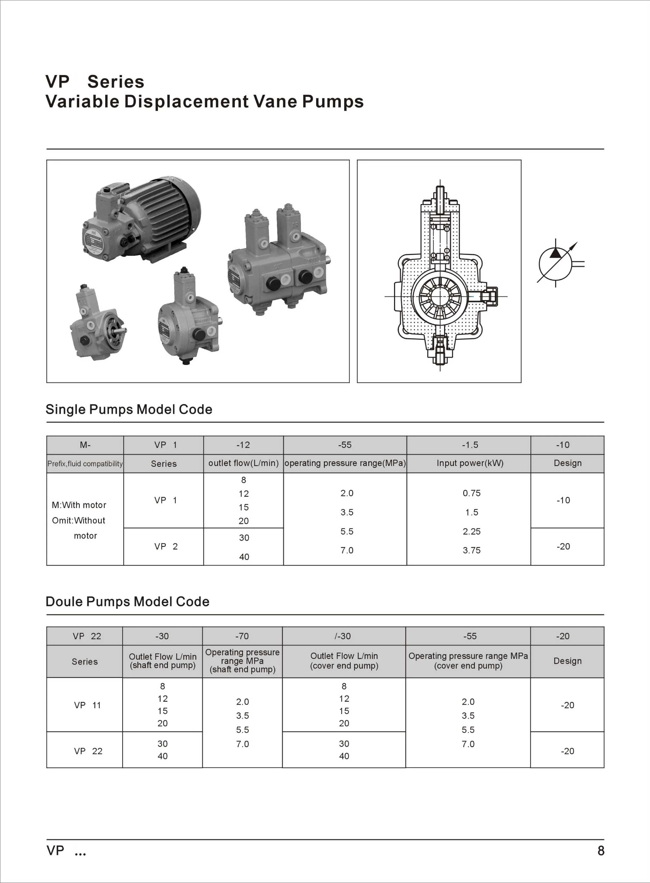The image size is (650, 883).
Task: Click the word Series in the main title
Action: (x=116, y=82)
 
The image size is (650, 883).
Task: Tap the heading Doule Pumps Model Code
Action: (x=127, y=601)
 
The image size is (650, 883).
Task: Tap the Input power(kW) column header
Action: (x=470, y=463)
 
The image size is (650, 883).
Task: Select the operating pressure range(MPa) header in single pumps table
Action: (x=345, y=463)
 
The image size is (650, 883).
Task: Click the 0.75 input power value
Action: (x=471, y=493)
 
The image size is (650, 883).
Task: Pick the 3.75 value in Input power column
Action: (x=471, y=550)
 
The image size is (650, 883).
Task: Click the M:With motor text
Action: (x=79, y=505)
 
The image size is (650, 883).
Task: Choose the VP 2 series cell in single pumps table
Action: (x=166, y=547)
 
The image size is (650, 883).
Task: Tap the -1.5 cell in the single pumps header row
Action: (x=470, y=445)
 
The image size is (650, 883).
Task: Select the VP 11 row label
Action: (x=87, y=705)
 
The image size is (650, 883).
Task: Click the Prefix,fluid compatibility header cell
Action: (x=85, y=464)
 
